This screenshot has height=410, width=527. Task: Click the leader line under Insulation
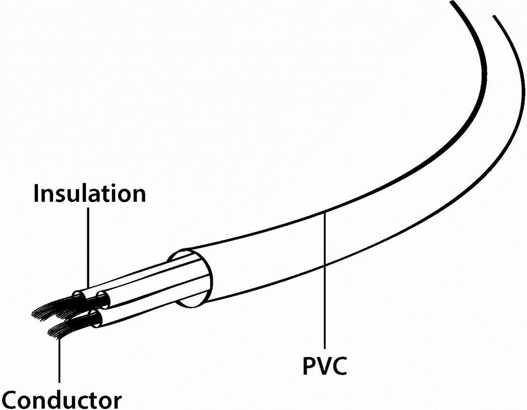88,246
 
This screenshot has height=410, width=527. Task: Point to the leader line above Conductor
60,360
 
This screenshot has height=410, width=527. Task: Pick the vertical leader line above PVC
325,284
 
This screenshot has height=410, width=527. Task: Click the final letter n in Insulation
139,195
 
